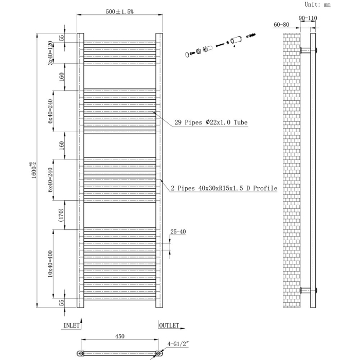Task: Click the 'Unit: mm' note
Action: coord(317,4)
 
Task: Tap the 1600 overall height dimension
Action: coord(34,169)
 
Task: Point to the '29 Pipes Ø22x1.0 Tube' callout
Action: coord(211,122)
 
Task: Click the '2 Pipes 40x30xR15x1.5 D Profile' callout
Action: coord(224,189)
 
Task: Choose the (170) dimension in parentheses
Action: coord(61,215)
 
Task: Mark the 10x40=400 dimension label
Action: coord(50,263)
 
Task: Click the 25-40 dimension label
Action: coord(178,232)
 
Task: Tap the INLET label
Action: coord(71,326)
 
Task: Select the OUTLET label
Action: coord(169,326)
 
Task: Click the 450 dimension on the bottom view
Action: coord(119,337)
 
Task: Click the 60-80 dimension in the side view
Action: coord(281,25)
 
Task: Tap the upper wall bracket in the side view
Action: coord(308,50)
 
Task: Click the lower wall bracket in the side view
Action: coord(308,290)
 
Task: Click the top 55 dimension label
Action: coord(61,38)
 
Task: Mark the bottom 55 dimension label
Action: coord(61,302)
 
